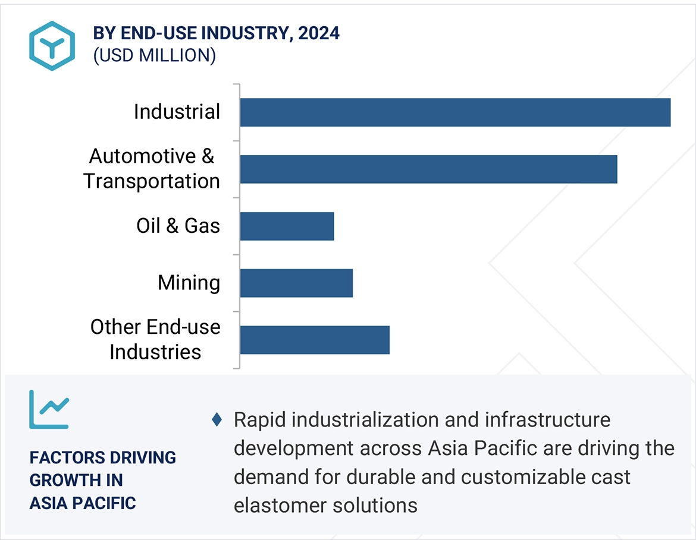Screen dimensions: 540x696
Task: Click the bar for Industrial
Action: point(455,112)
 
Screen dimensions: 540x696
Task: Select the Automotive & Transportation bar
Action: point(428,169)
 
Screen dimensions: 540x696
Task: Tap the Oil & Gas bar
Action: point(287,226)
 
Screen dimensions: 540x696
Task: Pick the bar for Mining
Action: point(296,283)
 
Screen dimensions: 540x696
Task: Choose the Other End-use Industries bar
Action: point(315,340)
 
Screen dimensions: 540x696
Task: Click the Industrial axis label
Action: point(177,112)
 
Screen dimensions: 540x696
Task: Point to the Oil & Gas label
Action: point(178,226)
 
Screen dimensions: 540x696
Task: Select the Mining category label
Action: point(189,283)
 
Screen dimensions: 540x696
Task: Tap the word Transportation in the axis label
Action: point(152,181)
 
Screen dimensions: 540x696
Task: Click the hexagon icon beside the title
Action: point(52,46)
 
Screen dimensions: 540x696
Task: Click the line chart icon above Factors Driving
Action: point(49,409)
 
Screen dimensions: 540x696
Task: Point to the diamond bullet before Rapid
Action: point(217,420)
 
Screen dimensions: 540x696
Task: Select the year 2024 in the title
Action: point(319,33)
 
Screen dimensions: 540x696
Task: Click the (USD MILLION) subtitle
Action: point(154,55)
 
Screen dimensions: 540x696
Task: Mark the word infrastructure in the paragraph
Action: point(548,420)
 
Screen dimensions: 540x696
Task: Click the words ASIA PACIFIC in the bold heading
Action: point(83,503)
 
